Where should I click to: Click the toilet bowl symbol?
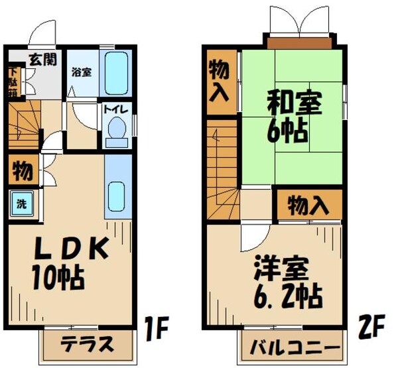coord(117,131)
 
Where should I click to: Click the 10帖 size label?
coord(58,276)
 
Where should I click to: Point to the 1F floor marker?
coord(159,327)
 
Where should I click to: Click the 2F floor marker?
coord(373,327)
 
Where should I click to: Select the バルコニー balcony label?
coord(291,347)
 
